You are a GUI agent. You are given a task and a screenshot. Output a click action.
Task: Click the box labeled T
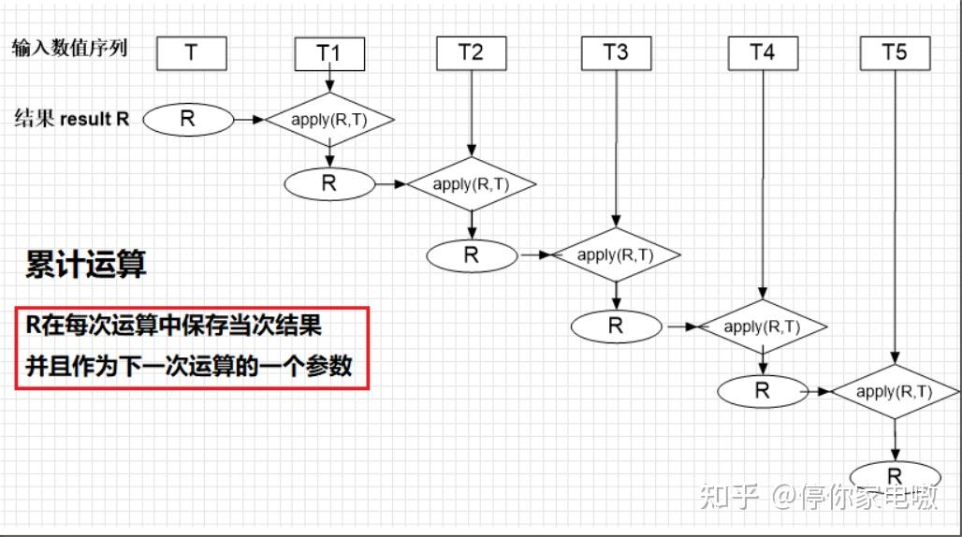[191, 52]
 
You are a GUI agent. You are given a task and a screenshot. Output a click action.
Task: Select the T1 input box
[328, 53]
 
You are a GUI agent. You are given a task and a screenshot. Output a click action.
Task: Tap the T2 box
[471, 52]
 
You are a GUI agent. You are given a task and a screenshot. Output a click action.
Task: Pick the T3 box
[616, 52]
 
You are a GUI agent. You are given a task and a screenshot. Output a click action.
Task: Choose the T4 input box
[763, 52]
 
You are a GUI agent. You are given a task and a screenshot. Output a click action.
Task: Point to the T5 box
[896, 52]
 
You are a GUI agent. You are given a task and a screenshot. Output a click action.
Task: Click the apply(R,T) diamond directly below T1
[329, 120]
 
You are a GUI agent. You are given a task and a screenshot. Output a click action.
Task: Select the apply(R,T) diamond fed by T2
[471, 184]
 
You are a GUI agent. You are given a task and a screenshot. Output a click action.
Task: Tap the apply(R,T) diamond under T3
[615, 254]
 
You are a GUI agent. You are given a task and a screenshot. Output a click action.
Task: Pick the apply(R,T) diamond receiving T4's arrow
[763, 327]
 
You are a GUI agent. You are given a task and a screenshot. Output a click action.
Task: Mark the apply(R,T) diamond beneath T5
[895, 392]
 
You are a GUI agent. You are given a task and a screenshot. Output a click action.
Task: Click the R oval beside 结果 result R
[187, 119]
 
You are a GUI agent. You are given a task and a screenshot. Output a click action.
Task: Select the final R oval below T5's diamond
[895, 475]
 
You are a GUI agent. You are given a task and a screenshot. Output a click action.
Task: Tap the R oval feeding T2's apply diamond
[328, 183]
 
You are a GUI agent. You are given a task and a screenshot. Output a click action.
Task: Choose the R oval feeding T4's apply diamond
[616, 326]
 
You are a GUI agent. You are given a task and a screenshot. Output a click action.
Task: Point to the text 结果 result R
[72, 119]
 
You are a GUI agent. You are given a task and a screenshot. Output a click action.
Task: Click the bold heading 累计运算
[86, 265]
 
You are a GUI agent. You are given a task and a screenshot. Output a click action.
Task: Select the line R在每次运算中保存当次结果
[173, 326]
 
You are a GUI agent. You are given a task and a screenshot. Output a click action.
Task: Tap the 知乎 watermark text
[729, 497]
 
